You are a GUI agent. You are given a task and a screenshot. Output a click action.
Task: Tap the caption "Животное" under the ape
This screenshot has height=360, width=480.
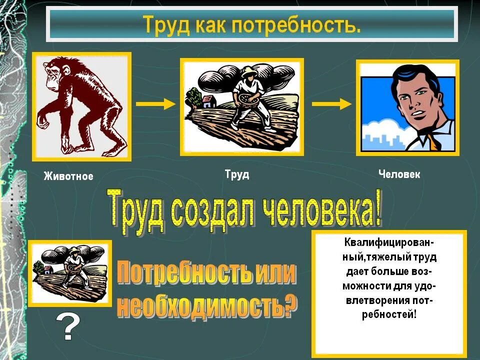pyautogui.click(x=68, y=176)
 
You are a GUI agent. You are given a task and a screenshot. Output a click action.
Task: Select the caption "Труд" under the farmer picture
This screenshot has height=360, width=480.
pyautogui.click(x=237, y=174)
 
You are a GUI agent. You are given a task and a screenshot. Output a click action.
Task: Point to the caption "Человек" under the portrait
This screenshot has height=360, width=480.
pyautogui.click(x=399, y=174)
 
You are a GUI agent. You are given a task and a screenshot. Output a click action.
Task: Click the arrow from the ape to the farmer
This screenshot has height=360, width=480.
pyautogui.click(x=155, y=103)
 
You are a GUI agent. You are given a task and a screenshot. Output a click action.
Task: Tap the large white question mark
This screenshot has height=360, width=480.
pyautogui.click(x=69, y=327)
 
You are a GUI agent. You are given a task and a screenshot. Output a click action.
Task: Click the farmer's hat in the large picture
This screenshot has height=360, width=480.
pyautogui.click(x=248, y=72)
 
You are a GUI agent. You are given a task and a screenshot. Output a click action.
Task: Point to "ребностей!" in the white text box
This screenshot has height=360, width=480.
pyautogui.click(x=388, y=314)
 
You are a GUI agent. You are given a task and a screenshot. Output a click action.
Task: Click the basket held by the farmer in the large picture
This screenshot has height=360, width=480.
pyautogui.click(x=247, y=98)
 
